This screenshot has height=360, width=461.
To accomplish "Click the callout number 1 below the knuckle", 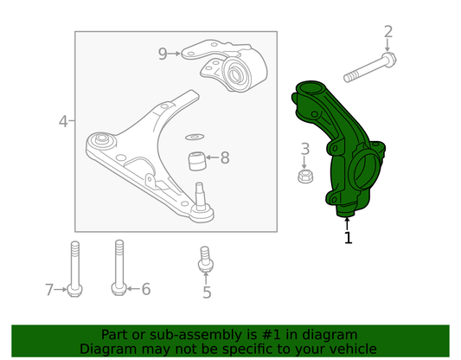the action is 348,238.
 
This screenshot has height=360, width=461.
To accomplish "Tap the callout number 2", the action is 388,31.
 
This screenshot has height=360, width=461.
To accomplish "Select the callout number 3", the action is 305,149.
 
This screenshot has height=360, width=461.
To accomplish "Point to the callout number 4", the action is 63,121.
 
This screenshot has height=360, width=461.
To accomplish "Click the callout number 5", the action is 207,292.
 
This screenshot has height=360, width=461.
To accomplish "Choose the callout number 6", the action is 146,289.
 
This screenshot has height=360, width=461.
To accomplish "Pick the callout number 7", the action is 49,290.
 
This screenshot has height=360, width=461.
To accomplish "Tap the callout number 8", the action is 225,157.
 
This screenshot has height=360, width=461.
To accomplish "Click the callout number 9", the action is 163,54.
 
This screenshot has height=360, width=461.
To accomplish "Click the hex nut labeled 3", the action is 305,176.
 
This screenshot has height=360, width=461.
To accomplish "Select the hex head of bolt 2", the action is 389,59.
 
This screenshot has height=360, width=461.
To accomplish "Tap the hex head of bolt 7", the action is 74,290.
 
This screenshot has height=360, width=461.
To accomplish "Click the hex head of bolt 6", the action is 119,288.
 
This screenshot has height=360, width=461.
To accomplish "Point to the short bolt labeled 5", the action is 206,260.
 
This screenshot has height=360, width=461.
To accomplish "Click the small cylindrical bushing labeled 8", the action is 196,161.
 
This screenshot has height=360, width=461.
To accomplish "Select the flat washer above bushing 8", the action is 195,137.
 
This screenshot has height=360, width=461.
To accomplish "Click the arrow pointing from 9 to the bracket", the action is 175,54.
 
